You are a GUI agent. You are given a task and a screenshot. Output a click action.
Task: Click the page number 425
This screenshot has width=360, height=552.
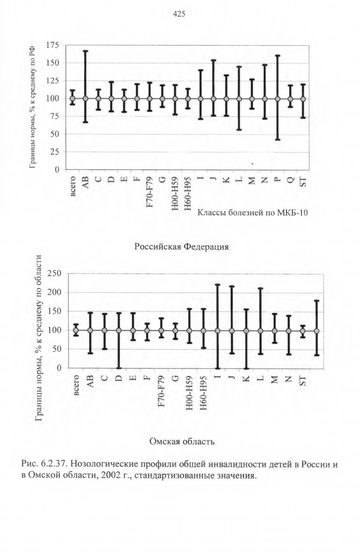point(179,14)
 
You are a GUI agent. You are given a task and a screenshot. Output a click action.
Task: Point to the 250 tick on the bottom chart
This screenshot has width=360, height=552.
point(54,273)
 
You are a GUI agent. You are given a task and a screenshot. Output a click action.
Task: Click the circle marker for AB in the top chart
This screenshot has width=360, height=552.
point(86,99)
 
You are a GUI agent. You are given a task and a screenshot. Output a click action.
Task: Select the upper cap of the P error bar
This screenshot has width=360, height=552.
point(278,55)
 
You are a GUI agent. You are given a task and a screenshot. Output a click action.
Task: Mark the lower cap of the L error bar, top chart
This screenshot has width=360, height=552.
point(239,129)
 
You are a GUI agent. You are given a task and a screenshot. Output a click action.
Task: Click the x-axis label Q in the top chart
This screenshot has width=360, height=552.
point(291,180)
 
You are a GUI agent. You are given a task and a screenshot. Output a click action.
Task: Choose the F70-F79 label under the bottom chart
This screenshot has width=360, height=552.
point(161,391)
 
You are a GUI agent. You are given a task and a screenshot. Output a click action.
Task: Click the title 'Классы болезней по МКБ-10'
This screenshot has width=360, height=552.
point(252,212)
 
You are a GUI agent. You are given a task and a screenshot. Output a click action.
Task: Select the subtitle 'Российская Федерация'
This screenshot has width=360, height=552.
point(181,247)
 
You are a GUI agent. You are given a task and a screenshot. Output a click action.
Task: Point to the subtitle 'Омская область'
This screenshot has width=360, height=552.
point(182,441)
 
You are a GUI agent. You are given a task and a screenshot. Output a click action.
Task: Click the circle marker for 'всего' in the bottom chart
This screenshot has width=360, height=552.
point(76,330)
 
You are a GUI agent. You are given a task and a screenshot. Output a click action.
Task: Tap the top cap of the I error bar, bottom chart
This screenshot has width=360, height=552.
point(217,285)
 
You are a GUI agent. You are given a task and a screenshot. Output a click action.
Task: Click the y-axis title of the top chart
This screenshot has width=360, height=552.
point(32,108)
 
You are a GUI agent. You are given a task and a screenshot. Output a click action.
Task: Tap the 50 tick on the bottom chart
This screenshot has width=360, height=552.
point(57,349)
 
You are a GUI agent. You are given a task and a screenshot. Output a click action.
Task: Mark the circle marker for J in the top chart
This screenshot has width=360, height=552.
point(213,99)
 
